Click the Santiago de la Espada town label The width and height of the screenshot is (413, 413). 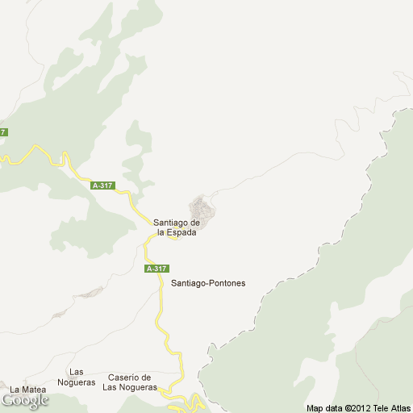177,227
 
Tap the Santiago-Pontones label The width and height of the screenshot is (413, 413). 208,283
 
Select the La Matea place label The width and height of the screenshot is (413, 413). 27,390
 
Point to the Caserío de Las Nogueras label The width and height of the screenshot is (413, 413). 129,382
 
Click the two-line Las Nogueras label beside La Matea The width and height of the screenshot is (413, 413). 77,377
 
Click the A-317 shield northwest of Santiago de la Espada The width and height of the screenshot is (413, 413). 103,186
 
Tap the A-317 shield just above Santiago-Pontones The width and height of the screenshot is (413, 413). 156,269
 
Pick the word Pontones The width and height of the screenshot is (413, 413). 227,283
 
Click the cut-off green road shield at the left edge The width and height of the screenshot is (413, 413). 3,132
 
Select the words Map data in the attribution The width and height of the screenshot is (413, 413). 325,407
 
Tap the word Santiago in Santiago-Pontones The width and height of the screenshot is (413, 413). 189,283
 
